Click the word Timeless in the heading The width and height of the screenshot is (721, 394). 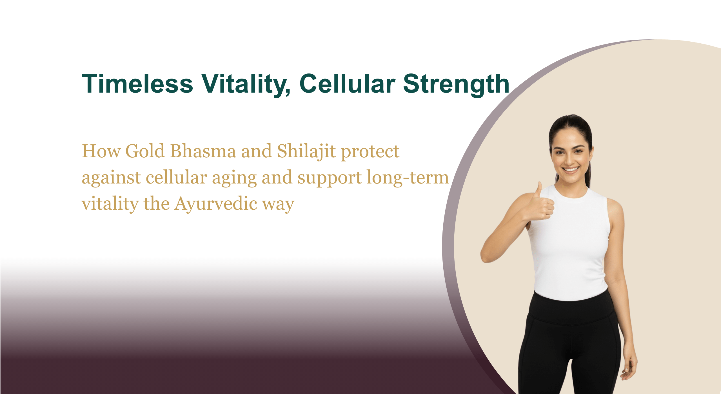137,83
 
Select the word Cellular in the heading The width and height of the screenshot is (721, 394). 347,83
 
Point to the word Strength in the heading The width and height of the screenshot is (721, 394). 456,84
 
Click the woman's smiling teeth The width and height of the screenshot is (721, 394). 571,169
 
